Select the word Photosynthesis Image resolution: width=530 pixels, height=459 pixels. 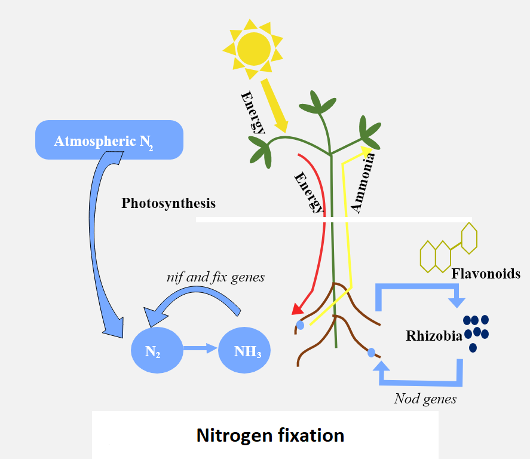(169, 203)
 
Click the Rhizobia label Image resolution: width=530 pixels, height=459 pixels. (433, 336)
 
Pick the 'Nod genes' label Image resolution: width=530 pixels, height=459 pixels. (425, 399)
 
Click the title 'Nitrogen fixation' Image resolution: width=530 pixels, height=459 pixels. (270, 435)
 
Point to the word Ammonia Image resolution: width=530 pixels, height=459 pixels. (363, 182)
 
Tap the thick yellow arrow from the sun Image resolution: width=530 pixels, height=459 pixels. (274, 106)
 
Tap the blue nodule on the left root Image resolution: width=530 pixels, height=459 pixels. (301, 325)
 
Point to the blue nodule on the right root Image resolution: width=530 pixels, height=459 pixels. (371, 353)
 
